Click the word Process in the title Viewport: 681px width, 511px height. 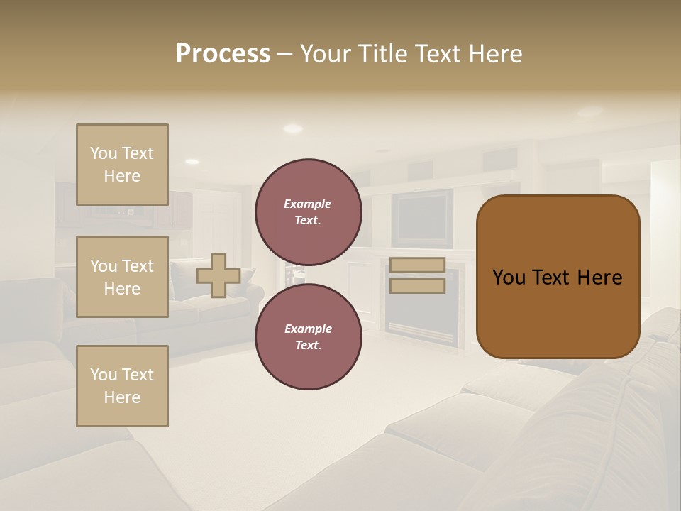coord(223,54)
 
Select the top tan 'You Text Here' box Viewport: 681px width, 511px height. coord(122,165)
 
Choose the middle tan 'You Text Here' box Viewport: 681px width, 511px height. coord(122,277)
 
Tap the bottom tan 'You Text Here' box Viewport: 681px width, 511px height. coord(122,386)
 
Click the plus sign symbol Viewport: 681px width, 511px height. coord(218,275)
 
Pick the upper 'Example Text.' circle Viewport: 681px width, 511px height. coord(308,212)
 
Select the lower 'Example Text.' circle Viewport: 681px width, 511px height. coord(308,337)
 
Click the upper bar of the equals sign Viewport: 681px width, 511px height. coord(417,265)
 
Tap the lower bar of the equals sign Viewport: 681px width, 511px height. coord(417,286)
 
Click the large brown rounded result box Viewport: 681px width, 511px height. coord(558,277)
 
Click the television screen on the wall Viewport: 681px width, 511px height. coord(423,217)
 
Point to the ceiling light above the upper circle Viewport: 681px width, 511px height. coord(292,128)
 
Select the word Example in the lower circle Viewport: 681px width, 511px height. coord(308,329)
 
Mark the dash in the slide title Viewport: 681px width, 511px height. coord(284,54)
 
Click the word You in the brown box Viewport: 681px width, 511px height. coord(509,278)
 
